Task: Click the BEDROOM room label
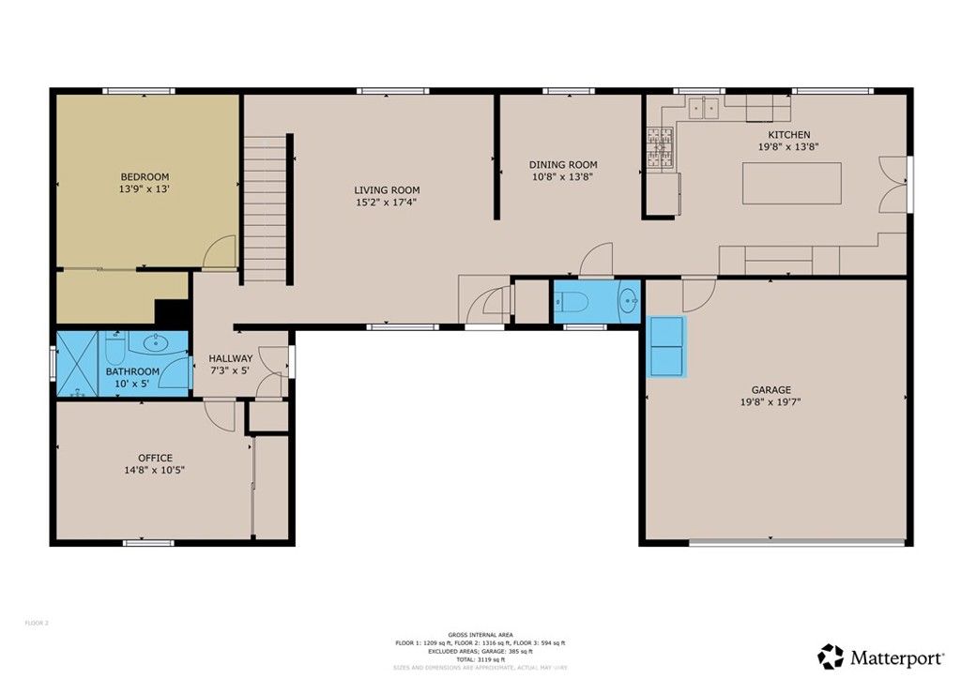(145, 176)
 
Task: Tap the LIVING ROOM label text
(386, 189)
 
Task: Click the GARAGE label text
(770, 389)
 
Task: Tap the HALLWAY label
(230, 358)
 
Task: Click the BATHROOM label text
(132, 371)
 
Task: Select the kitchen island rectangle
(791, 183)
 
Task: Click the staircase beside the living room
(266, 208)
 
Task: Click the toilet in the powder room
(572, 301)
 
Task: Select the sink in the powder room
(628, 301)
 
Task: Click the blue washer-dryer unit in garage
(667, 346)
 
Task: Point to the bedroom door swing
(220, 251)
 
